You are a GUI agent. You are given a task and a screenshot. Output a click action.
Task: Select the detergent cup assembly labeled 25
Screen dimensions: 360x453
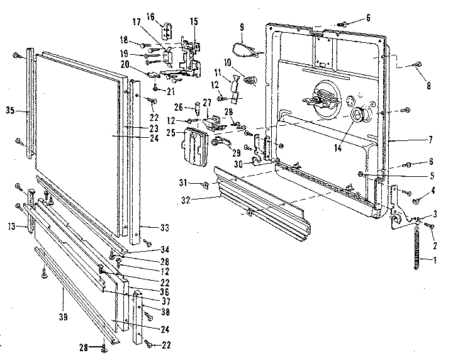click(193, 144)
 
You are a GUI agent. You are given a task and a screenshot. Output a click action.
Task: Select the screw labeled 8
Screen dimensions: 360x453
click(417, 64)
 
